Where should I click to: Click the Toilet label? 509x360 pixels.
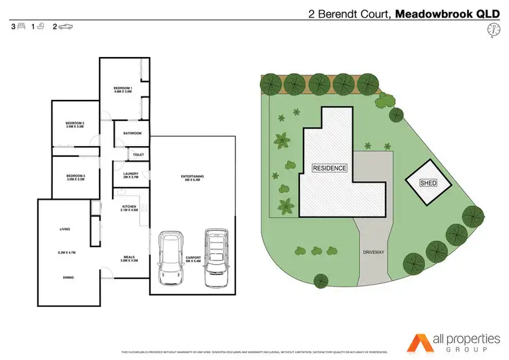tap(138, 155)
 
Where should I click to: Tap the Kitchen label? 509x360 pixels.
tap(130, 208)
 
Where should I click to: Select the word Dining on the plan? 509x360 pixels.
tap(68, 277)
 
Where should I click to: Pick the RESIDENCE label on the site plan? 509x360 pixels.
tap(329, 168)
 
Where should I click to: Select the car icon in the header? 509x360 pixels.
tap(66, 26)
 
